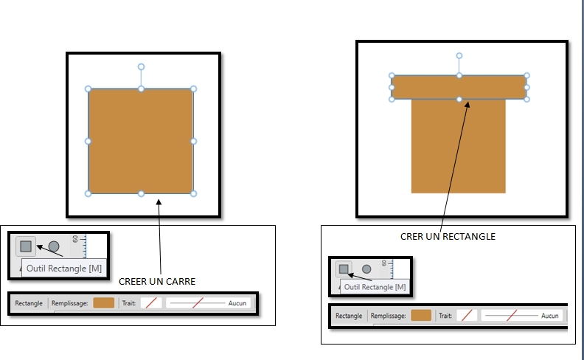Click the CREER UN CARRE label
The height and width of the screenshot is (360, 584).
157,281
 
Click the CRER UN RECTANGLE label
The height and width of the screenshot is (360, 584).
448,237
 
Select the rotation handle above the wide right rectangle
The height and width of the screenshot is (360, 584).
459,56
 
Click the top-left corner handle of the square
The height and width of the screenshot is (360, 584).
88,89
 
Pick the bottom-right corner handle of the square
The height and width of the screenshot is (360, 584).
193,193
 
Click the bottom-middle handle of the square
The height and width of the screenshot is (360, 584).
141,193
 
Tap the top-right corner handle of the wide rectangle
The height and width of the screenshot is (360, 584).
526,75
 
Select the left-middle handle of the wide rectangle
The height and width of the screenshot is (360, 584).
392,87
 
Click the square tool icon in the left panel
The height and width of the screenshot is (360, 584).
26,246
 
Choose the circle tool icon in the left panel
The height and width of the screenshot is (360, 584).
54,246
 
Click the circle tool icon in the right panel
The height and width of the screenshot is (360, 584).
366,269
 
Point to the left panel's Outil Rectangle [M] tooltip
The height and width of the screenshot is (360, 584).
64,269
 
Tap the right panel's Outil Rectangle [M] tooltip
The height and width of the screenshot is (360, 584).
375,287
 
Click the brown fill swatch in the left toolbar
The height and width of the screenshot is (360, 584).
104,303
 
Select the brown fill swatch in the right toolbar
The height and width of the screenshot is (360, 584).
421,316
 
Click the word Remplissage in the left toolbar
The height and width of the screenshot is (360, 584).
70,303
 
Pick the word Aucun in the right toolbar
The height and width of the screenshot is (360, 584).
550,316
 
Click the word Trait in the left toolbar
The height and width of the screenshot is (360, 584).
129,303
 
